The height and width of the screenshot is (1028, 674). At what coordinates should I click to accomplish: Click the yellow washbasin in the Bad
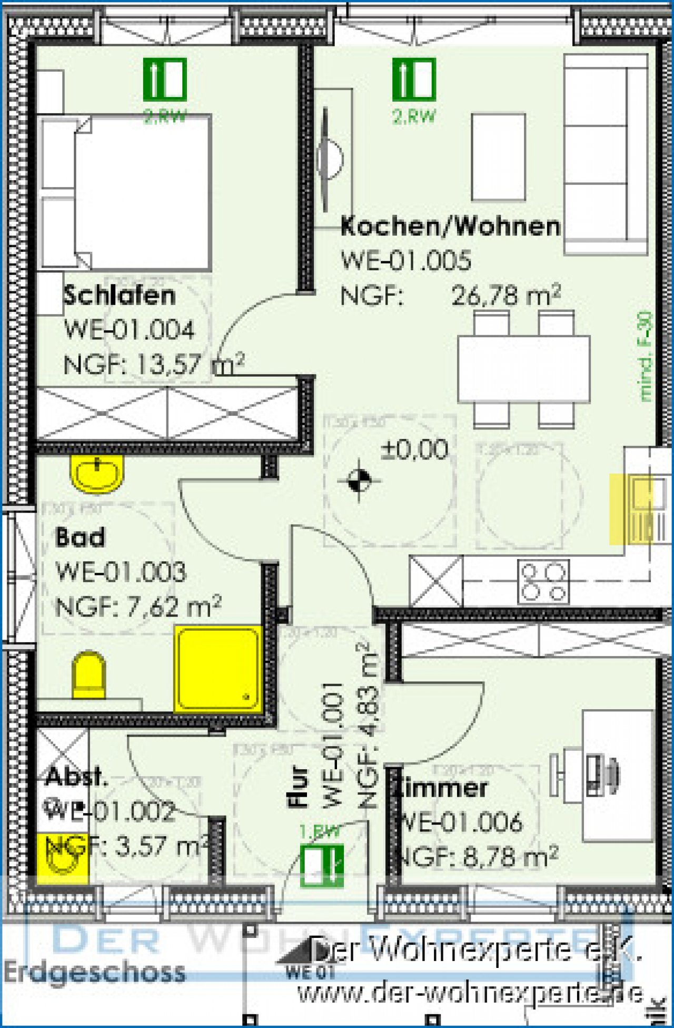(97, 474)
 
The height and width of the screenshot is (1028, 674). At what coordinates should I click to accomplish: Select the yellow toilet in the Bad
(88, 675)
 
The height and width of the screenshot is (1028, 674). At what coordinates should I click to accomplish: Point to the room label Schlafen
(120, 295)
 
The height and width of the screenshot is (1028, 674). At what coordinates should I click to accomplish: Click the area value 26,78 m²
(506, 296)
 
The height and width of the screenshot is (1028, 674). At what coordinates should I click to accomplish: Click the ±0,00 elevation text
(414, 449)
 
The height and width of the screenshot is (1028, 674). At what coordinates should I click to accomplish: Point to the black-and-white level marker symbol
(359, 480)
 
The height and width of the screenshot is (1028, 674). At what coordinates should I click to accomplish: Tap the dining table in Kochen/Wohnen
(523, 369)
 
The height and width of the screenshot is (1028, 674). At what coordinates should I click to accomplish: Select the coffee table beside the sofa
(498, 157)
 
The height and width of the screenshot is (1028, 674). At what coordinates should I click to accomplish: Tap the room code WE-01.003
(121, 572)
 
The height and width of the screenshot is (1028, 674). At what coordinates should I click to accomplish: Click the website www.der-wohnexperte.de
(470, 994)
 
